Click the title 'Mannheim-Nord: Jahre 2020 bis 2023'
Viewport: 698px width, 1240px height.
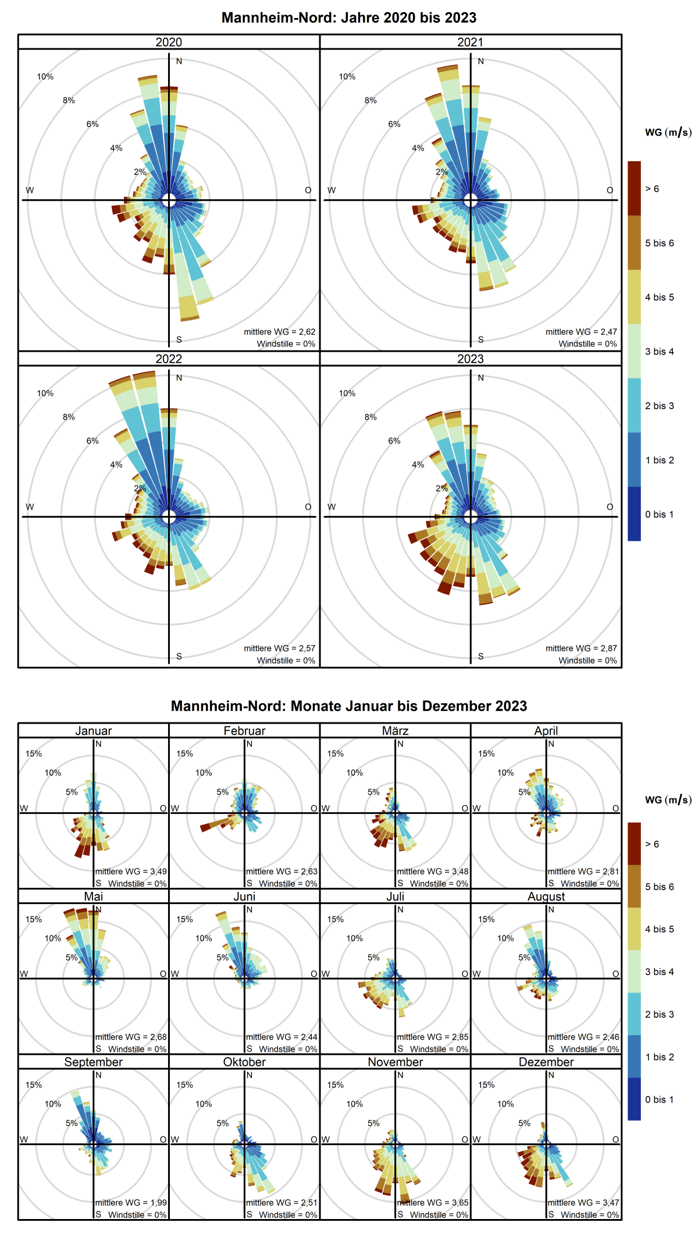click(x=349, y=17)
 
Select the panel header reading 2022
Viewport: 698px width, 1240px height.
click(x=169, y=359)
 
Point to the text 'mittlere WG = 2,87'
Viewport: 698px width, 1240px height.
click(x=581, y=648)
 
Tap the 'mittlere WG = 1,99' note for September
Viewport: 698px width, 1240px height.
click(x=131, y=1202)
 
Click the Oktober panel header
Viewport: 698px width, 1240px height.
click(x=244, y=1062)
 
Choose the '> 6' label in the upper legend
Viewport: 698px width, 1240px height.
click(x=652, y=189)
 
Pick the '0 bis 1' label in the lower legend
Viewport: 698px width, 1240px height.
click(x=659, y=1100)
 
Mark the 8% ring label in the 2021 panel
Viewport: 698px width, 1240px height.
click(x=371, y=100)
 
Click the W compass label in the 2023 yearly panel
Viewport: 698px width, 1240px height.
click(x=332, y=506)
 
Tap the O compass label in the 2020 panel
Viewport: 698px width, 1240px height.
click(x=308, y=190)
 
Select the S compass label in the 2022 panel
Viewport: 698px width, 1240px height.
click(x=179, y=656)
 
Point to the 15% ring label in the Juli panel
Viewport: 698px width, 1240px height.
click(x=335, y=919)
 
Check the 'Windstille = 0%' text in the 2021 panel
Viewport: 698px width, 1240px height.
click(x=587, y=343)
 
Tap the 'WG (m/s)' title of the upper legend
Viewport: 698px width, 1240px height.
click(x=668, y=132)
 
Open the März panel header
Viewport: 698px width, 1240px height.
click(x=396, y=731)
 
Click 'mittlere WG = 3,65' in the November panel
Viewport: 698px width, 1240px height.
click(x=433, y=1202)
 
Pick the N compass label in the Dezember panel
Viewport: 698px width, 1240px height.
click(x=551, y=1075)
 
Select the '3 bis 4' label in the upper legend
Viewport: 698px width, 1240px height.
click(x=659, y=351)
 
